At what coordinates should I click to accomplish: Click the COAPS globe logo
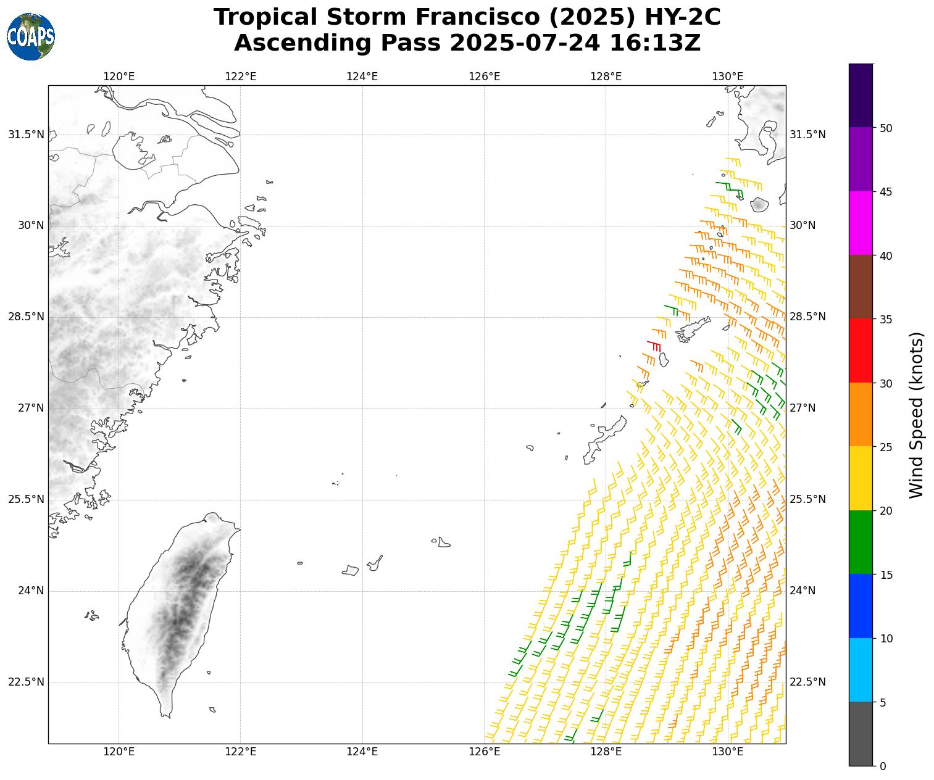coord(31,36)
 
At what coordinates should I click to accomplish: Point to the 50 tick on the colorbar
coord(886,128)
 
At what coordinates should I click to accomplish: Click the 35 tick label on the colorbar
coord(886,320)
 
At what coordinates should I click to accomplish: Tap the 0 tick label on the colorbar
coord(883,766)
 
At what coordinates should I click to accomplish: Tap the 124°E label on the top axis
coord(362,77)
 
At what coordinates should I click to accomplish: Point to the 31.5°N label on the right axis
coord(808,135)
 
